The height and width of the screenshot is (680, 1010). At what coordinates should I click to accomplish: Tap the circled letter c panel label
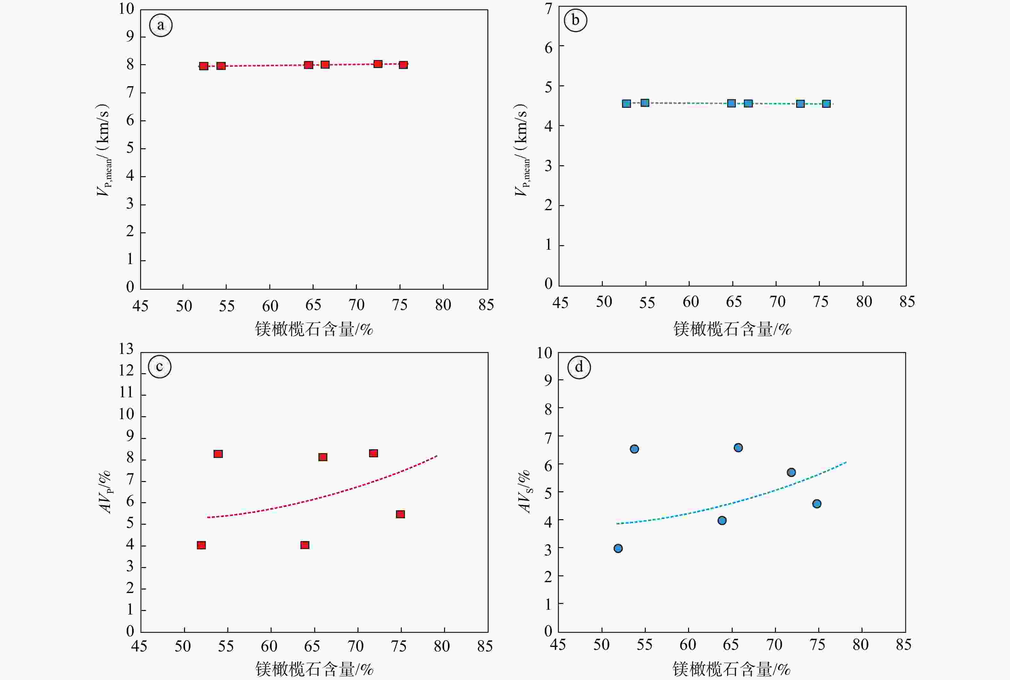159,367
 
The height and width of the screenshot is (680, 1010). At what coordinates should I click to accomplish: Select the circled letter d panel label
579,367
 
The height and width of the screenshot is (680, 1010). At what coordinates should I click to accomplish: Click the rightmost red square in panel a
403,65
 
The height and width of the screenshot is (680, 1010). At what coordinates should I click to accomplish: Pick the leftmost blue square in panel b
626,103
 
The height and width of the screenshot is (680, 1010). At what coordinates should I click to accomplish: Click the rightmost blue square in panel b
826,104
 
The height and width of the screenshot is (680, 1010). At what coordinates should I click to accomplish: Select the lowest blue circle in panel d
618,548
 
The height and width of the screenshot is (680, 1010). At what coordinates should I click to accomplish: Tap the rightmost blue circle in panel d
817,504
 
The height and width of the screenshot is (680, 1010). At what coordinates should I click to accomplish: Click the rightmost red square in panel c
400,514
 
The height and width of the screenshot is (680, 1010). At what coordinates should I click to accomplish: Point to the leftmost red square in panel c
201,545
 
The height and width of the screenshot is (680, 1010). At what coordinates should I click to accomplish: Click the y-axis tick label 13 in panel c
127,349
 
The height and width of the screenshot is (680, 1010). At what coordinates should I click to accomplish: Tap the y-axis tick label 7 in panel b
549,9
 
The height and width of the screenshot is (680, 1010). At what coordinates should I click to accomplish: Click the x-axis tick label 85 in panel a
486,305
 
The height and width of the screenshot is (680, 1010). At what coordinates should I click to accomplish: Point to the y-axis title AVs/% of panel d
525,491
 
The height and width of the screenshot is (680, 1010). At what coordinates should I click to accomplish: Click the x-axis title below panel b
732,330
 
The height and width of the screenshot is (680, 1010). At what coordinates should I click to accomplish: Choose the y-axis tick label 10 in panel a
127,9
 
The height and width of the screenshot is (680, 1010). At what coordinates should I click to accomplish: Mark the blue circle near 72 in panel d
791,472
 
